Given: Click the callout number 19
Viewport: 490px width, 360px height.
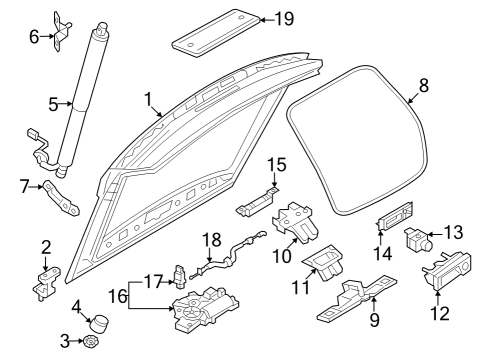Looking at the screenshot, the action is click(284, 19).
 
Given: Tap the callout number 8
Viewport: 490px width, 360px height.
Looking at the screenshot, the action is click(423, 85).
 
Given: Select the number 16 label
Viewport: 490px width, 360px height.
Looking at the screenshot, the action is click(119, 296).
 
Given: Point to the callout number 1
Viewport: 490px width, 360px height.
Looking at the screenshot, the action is click(148, 99).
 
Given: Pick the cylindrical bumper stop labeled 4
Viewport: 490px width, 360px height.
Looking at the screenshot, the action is click(100, 323).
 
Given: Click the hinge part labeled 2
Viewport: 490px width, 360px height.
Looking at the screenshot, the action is click(46, 283).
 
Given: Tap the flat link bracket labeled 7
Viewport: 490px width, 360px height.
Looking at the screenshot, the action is click(61, 198).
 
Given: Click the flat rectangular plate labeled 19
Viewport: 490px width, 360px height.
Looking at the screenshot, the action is click(216, 33).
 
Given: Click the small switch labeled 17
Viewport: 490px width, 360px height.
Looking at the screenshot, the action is click(180, 276).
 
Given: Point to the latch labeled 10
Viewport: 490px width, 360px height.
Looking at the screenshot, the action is click(295, 222).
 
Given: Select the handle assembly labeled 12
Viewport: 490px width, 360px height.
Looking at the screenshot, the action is click(447, 271).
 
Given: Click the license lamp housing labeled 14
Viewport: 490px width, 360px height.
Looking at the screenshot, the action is click(395, 217).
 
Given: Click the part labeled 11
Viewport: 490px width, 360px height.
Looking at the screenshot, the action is click(323, 263).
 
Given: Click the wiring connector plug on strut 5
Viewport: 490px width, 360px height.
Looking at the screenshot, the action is click(32, 133).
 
